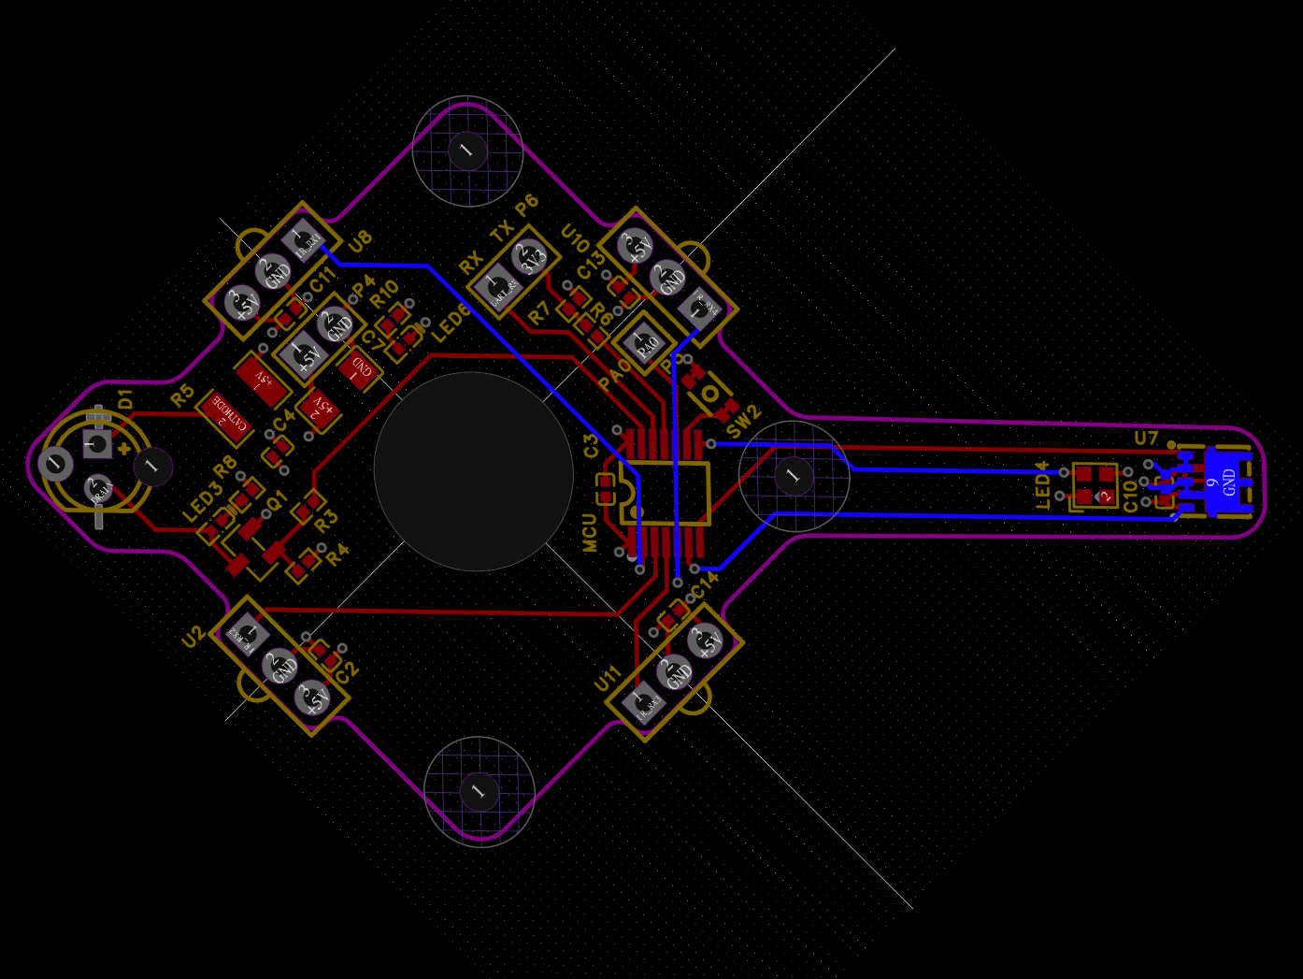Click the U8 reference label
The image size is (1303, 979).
pyautogui.click(x=360, y=240)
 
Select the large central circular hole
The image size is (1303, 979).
pyautogui.click(x=473, y=471)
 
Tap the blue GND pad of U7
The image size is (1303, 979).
pyautogui.click(x=1225, y=482)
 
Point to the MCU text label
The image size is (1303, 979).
pyautogui.click(x=590, y=532)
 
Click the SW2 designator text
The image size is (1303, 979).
pyautogui.click(x=744, y=422)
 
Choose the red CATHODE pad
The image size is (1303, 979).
pyautogui.click(x=226, y=417)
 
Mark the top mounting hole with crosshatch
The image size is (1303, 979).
pyautogui.click(x=466, y=150)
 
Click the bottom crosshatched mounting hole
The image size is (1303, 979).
pyautogui.click(x=479, y=791)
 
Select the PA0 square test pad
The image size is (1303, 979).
pyautogui.click(x=646, y=344)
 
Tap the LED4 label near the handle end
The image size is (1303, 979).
pyautogui.click(x=1043, y=484)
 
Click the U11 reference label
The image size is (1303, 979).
pyautogui.click(x=608, y=679)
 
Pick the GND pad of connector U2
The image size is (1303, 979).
pyautogui.click(x=280, y=667)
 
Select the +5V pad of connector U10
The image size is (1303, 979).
pyautogui.click(x=636, y=246)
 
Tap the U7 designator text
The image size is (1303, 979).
pyautogui.click(x=1146, y=438)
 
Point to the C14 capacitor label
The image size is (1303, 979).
pyautogui.click(x=705, y=584)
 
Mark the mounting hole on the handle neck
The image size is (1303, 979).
pyautogui.click(x=793, y=476)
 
